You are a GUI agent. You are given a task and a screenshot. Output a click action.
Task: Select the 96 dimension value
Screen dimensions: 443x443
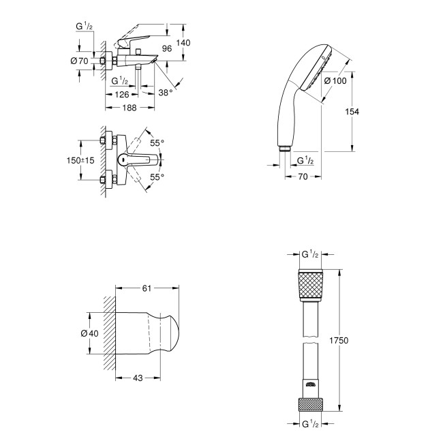166,48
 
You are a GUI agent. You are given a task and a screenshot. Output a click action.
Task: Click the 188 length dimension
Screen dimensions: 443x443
128,108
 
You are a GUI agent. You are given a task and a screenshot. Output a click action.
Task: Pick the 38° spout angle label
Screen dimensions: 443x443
166,91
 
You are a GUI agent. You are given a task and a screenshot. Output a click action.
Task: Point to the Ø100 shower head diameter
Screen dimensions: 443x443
335,80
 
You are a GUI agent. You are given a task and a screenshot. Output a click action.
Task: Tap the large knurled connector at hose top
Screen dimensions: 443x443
310,286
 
